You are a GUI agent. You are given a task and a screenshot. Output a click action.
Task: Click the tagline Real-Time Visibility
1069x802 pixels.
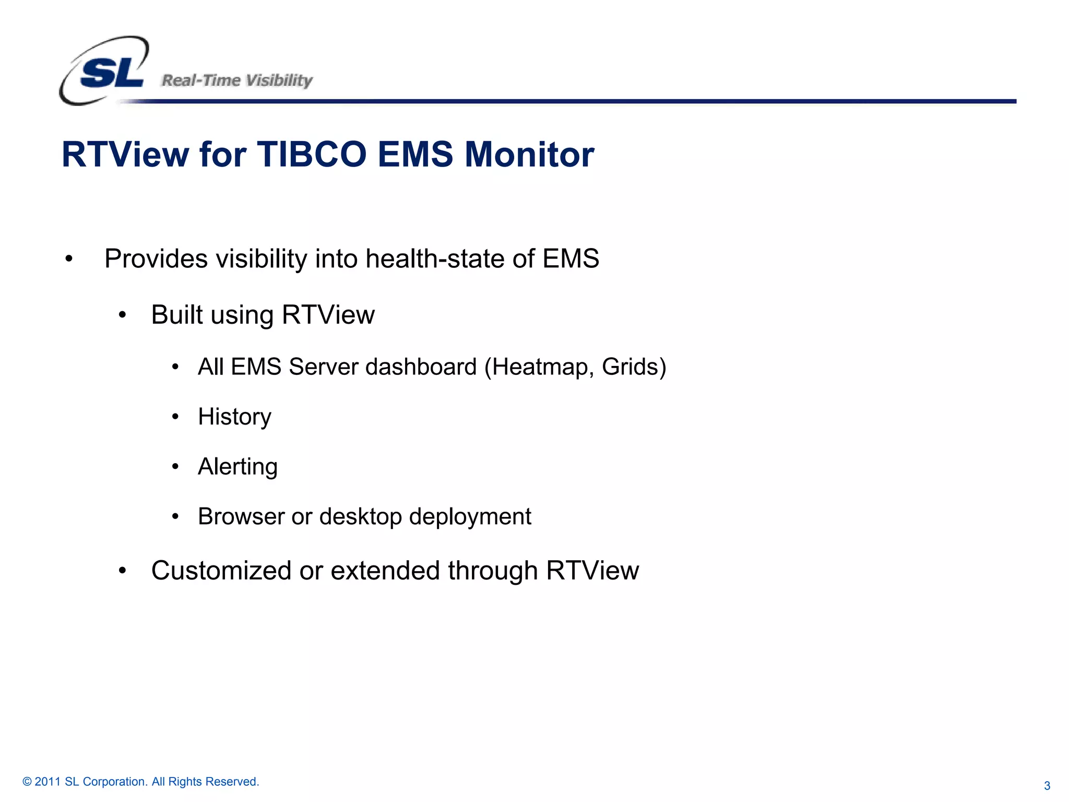pos(237,80)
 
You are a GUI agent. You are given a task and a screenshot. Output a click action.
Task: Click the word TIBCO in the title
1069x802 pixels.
pos(312,155)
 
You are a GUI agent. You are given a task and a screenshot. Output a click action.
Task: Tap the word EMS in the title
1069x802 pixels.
pos(415,155)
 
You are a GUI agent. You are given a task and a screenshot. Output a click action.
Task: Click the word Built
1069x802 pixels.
pos(176,315)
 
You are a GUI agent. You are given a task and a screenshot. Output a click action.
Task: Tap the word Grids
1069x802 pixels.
pos(632,367)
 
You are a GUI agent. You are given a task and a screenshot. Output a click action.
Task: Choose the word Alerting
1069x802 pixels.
pos(237,467)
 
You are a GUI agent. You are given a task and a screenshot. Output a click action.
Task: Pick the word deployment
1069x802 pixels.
pos(470,517)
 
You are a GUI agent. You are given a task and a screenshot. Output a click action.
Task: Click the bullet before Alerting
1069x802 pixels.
pos(175,466)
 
